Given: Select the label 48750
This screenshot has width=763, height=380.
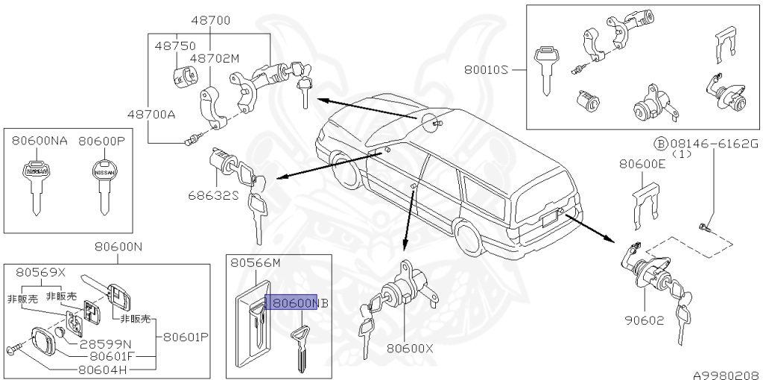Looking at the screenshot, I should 175,45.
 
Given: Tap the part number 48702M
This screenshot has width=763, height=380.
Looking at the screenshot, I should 213,57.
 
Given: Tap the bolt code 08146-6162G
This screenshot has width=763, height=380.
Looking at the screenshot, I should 714,143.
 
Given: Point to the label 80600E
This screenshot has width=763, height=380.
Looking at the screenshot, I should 642,165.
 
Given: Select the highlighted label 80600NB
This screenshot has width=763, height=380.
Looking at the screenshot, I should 295,303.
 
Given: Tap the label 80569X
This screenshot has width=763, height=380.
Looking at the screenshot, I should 41,273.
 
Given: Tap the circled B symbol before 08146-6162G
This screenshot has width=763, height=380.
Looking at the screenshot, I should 660,143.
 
